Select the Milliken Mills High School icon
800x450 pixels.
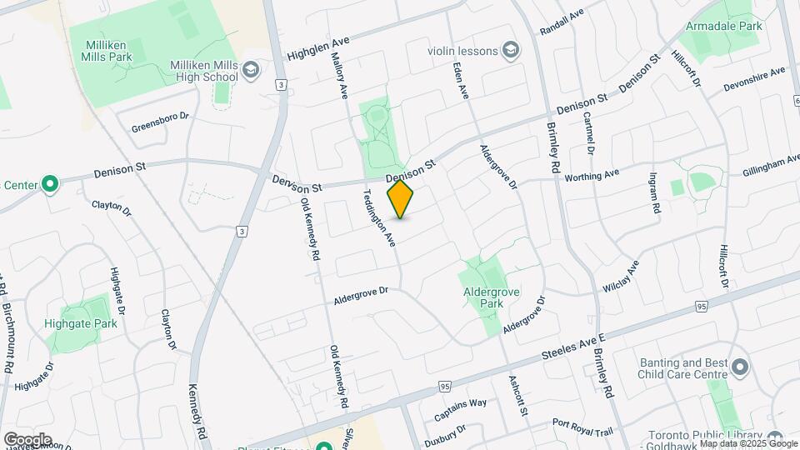251,71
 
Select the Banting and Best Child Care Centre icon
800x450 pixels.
739,367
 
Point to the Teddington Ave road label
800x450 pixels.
377,218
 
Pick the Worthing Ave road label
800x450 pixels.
592,176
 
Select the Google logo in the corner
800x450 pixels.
27,439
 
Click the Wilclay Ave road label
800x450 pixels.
621,277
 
